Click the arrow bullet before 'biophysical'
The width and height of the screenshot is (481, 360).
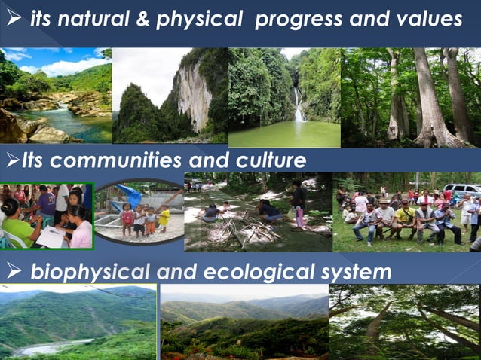click(x=12, y=272)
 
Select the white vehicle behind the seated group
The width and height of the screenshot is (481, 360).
click(x=461, y=190)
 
